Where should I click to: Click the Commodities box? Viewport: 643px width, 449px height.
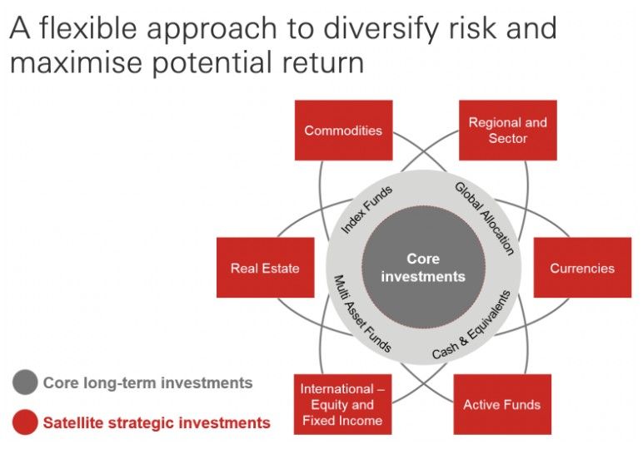(344, 131)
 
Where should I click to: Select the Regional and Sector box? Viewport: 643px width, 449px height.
(508, 131)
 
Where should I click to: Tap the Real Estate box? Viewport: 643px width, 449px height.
(266, 267)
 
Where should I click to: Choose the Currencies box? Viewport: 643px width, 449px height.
(582, 267)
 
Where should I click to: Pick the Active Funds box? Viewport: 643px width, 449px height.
(502, 404)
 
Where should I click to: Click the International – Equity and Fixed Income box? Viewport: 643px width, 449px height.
(343, 404)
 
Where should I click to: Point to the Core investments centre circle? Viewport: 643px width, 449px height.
(424, 267)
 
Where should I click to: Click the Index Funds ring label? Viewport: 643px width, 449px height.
(366, 210)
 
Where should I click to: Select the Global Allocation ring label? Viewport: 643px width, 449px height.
(484, 219)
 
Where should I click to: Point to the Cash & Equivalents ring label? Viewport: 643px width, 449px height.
(471, 325)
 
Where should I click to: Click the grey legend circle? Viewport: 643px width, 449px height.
(25, 382)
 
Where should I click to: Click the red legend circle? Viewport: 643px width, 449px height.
(25, 422)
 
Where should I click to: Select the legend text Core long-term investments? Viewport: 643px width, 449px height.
(147, 382)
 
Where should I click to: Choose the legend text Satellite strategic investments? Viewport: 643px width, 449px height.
(157, 422)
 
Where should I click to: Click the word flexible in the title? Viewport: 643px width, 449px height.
(87, 27)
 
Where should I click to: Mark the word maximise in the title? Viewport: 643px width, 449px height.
(76, 62)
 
